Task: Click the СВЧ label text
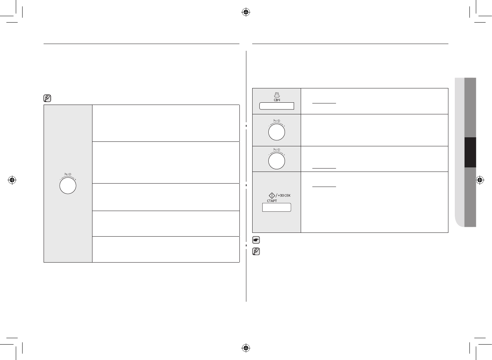pos(277,100)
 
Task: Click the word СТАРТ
pos(272,201)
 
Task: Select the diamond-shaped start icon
pos(272,195)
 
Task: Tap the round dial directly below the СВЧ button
pos(277,132)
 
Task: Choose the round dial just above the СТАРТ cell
pos(277,161)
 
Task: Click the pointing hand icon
pos(256,240)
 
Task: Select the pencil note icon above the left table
pos(47,99)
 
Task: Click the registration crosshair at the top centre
pos(246,12)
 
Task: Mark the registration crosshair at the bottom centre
pos(246,347)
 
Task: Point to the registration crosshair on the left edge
pos(12,180)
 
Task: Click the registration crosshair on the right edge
pos(480,180)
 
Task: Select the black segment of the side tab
pos(470,152)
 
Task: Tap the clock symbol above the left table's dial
pos(70,174)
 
